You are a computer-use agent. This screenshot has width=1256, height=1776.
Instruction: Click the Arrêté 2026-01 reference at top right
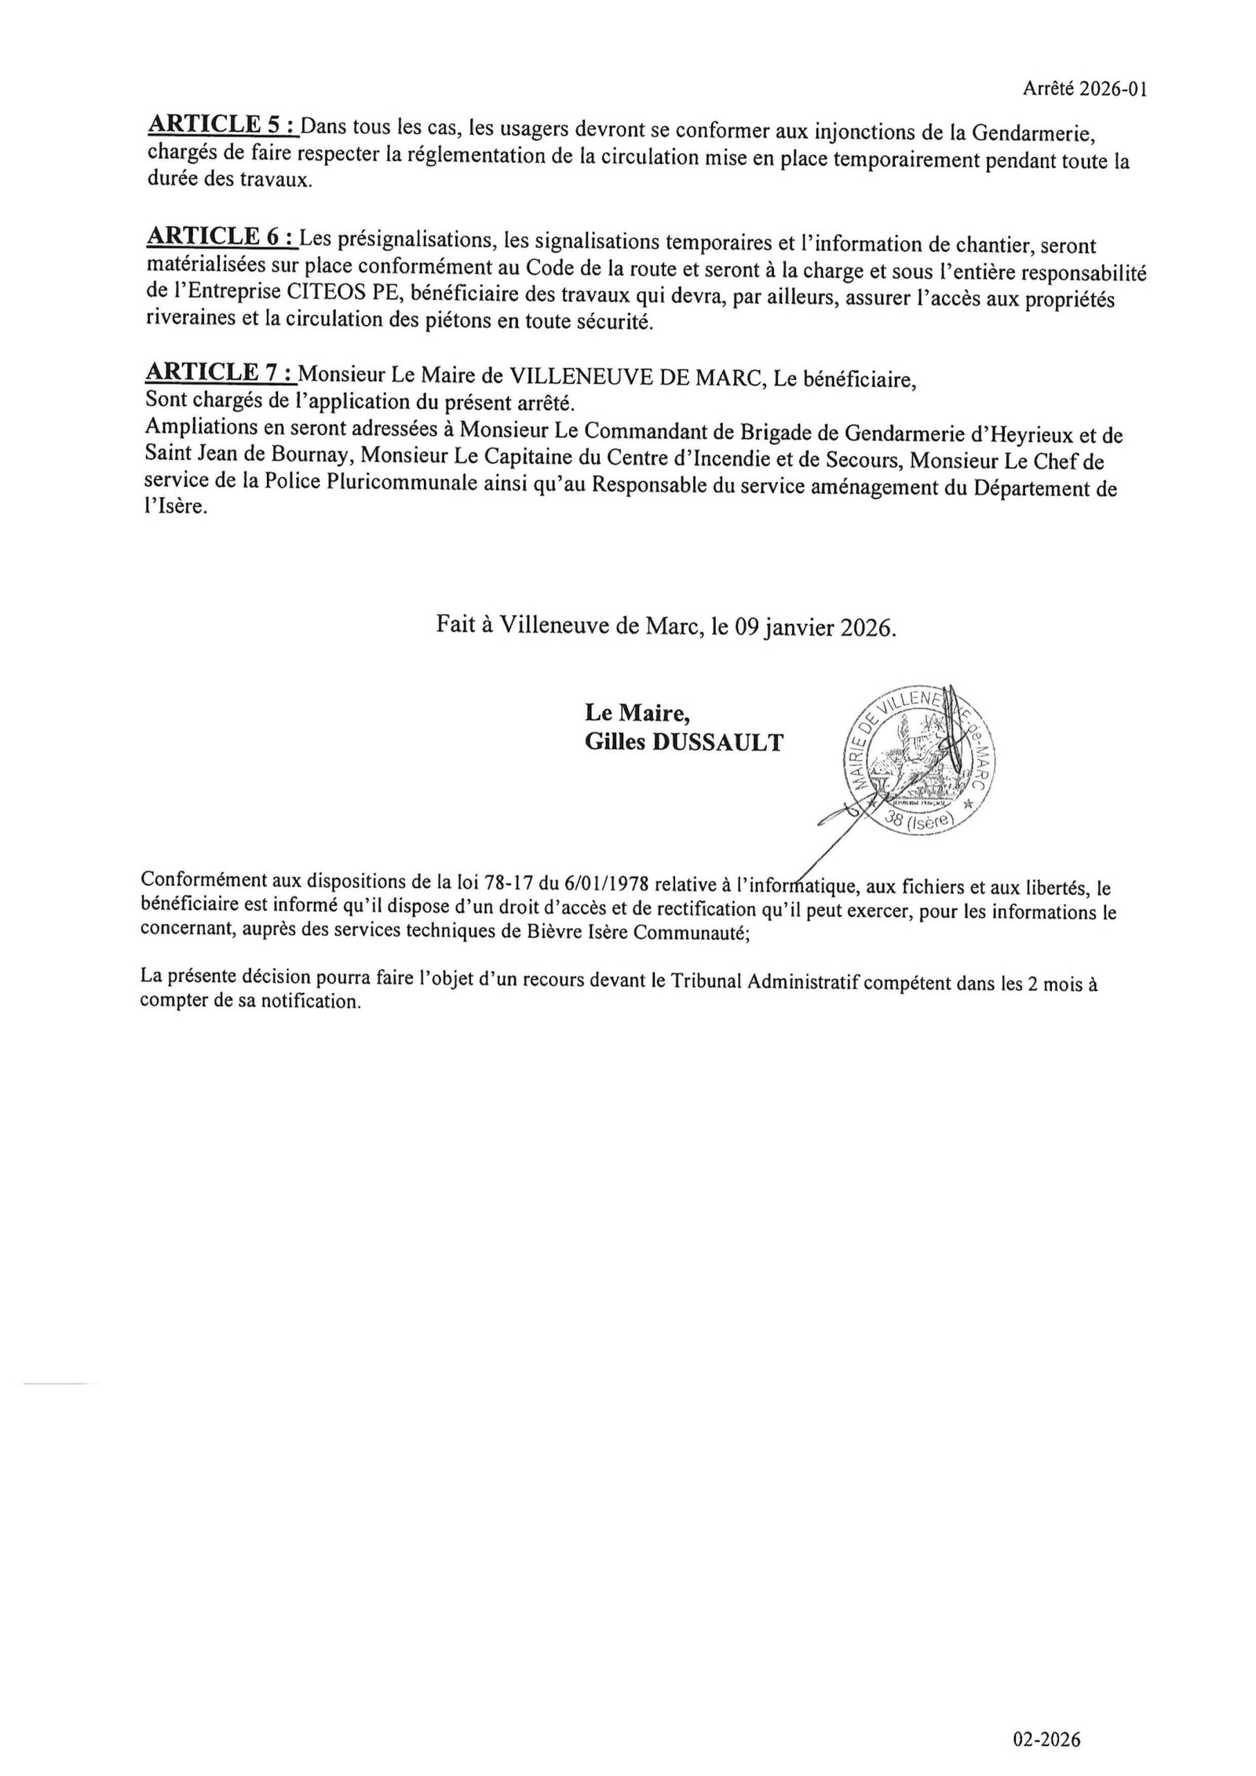click(x=1085, y=90)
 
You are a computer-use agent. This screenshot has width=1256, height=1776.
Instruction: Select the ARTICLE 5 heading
click(x=222, y=125)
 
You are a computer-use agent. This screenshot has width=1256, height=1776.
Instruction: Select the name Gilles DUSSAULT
click(x=684, y=743)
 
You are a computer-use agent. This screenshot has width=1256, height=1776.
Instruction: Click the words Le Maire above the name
click(x=637, y=712)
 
